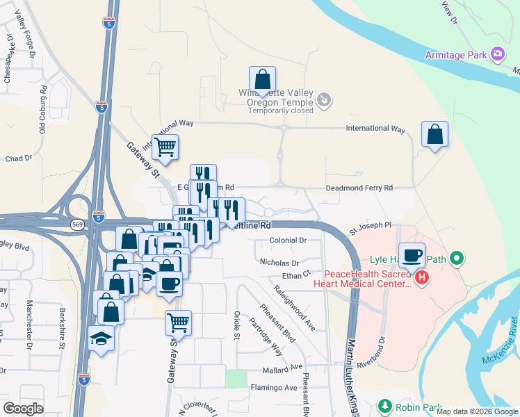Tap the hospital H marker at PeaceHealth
tap(422, 279)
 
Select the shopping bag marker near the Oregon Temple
tap(262, 81)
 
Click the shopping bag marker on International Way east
tap(434, 135)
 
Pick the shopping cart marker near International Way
tap(165, 147)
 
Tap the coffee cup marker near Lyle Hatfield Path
tap(412, 255)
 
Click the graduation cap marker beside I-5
tap(102, 338)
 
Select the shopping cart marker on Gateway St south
tap(178, 323)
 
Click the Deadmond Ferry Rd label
tap(359, 188)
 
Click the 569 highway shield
tap(77, 224)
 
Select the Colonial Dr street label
tap(289, 240)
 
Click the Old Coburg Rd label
tap(42, 109)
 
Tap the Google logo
tap(23, 409)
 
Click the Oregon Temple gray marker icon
tap(323, 101)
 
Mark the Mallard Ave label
tap(282, 367)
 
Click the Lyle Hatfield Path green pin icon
tap(456, 260)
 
